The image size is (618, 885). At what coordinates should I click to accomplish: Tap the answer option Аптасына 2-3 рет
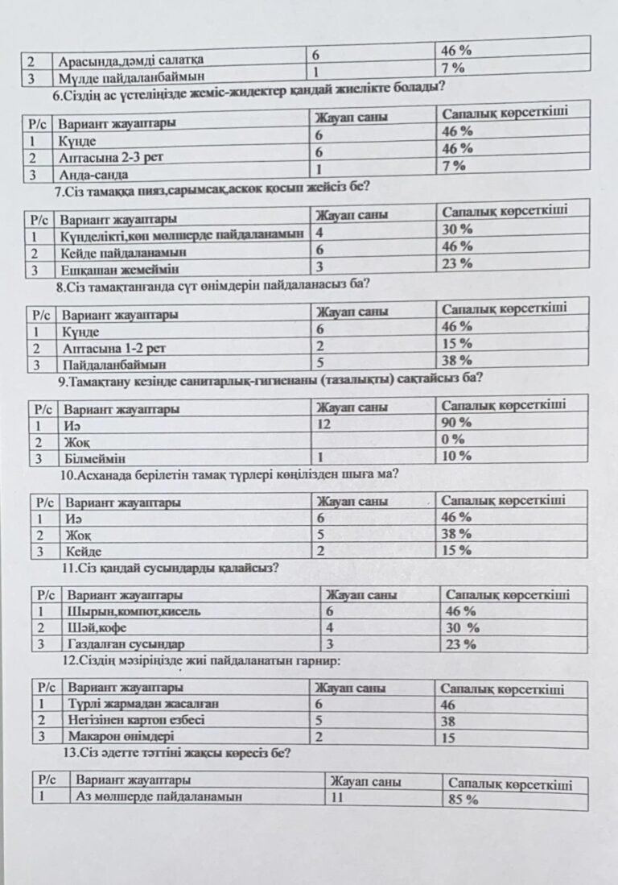point(111,158)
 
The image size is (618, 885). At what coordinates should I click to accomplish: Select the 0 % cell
point(454,440)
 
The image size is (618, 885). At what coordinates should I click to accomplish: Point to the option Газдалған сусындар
point(126,644)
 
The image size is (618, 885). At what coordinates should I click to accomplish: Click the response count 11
point(336,797)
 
